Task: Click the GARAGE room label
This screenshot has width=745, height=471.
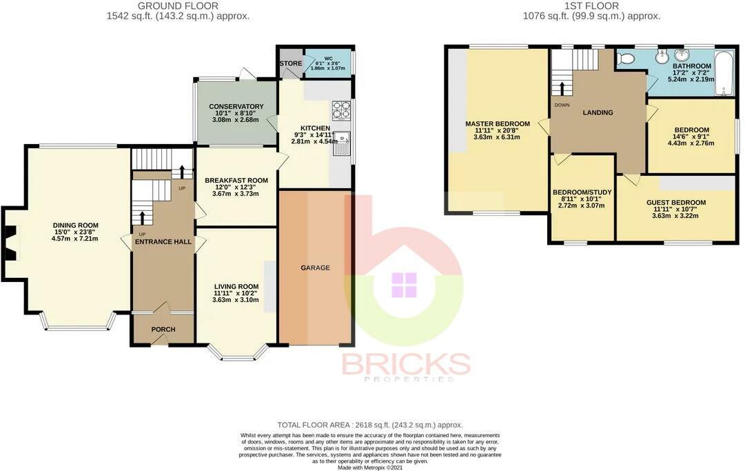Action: [x=315, y=268]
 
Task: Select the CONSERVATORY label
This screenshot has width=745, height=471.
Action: [x=236, y=106]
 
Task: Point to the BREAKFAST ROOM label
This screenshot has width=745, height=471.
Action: [x=236, y=181]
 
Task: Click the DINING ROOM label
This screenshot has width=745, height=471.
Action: [x=76, y=226]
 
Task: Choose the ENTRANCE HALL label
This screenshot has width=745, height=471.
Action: [x=163, y=242]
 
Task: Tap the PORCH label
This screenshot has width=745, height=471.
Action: [x=163, y=329]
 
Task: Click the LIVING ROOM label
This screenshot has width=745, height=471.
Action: [x=236, y=287]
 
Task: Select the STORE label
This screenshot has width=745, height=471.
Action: [x=290, y=64]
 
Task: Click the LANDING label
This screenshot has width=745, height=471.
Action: [x=598, y=112]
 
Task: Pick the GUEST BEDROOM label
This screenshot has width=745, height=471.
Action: [x=676, y=203]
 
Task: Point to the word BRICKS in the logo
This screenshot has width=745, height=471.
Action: [x=406, y=364]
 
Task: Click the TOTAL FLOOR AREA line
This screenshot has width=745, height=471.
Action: [x=369, y=425]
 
